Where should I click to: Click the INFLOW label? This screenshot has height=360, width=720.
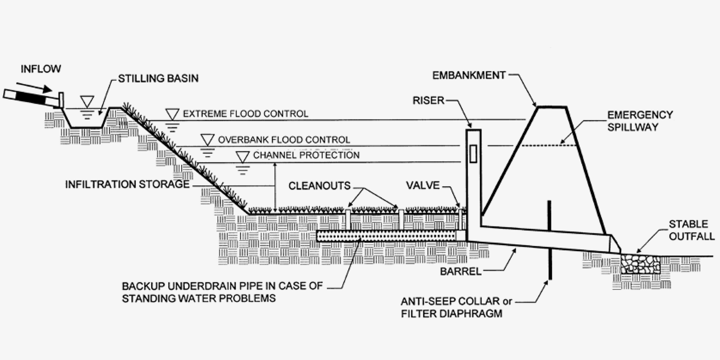click(x=41, y=69)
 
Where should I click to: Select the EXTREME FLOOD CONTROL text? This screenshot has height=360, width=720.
click(x=245, y=114)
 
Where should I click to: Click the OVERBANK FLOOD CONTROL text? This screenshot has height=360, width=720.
click(x=283, y=140)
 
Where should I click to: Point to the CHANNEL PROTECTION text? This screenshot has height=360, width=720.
click(x=306, y=156)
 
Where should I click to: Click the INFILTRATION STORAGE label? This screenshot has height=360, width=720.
click(x=127, y=184)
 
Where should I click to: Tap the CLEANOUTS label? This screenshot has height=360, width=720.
click(x=320, y=186)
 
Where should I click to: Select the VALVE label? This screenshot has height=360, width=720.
click(x=423, y=186)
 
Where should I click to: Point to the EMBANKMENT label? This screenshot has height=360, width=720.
click(x=468, y=75)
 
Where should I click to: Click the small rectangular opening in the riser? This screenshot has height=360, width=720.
click(x=473, y=154)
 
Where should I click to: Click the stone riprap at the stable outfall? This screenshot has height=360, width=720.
click(x=640, y=264)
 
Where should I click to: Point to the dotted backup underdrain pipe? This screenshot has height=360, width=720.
click(x=386, y=236)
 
